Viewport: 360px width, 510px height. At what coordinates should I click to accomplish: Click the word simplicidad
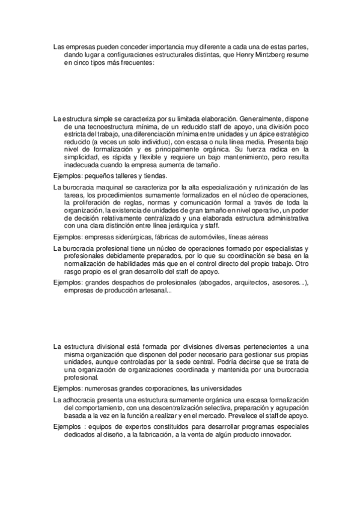84,156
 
